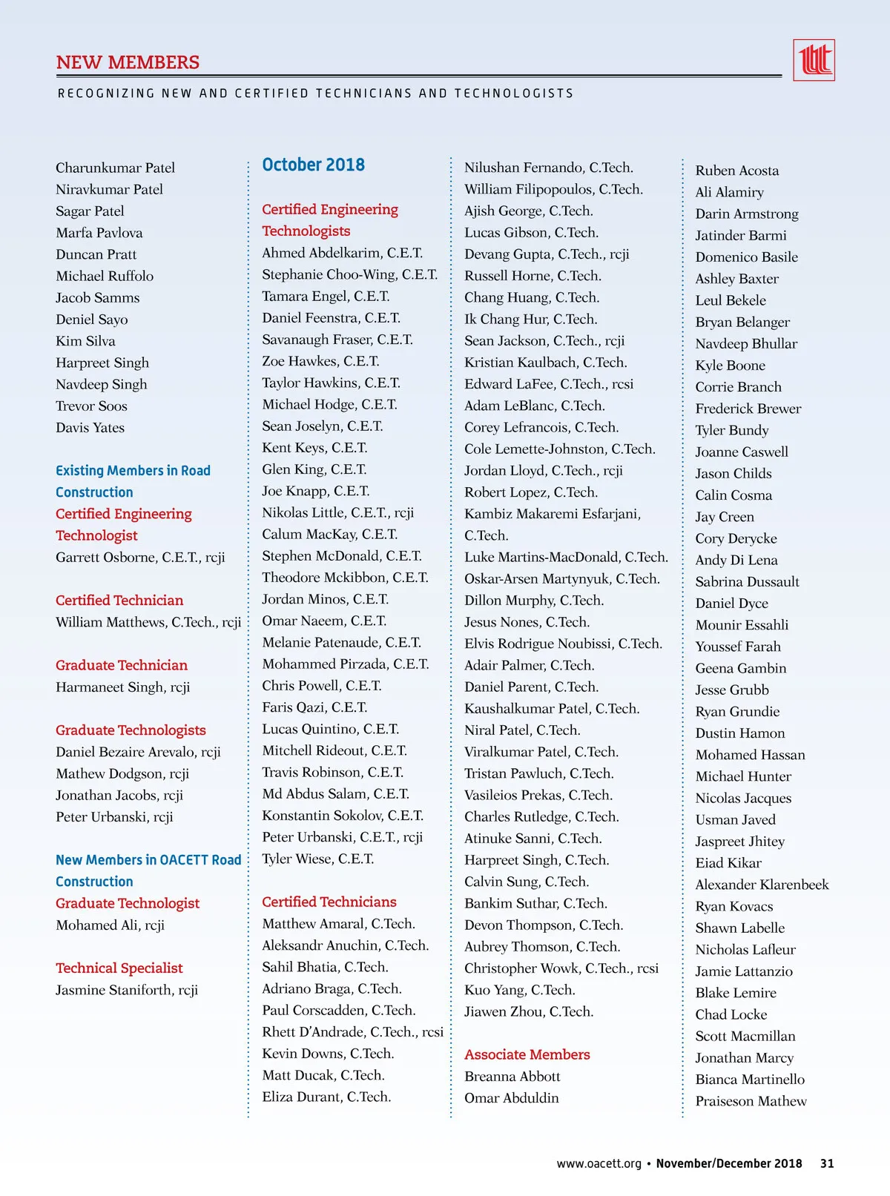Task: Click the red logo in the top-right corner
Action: (x=814, y=60)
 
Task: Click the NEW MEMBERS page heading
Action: (x=128, y=62)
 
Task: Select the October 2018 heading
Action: (x=313, y=165)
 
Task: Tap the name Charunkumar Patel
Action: (x=115, y=168)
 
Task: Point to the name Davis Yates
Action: (x=90, y=428)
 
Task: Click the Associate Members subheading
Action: (x=527, y=1054)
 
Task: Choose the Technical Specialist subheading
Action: (x=119, y=968)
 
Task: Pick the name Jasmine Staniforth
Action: (x=126, y=990)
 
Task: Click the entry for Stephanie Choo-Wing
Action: (x=349, y=274)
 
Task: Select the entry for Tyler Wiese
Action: (x=317, y=859)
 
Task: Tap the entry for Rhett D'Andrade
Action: (x=352, y=1031)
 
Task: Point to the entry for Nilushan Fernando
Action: (x=548, y=168)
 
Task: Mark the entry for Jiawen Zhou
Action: (x=528, y=1011)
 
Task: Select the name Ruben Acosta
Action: (x=736, y=171)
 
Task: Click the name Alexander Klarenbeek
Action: (x=762, y=885)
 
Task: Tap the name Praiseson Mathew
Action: (x=751, y=1101)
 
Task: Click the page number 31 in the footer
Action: (x=827, y=1163)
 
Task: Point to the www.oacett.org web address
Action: (x=599, y=1163)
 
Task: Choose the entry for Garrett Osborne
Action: (x=139, y=558)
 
